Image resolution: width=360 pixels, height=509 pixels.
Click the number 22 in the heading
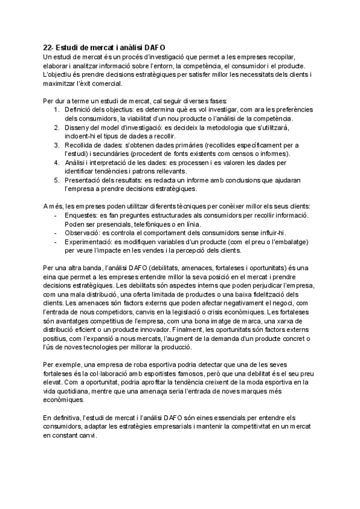point(47,47)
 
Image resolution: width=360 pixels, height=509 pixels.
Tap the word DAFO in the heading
point(153,47)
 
